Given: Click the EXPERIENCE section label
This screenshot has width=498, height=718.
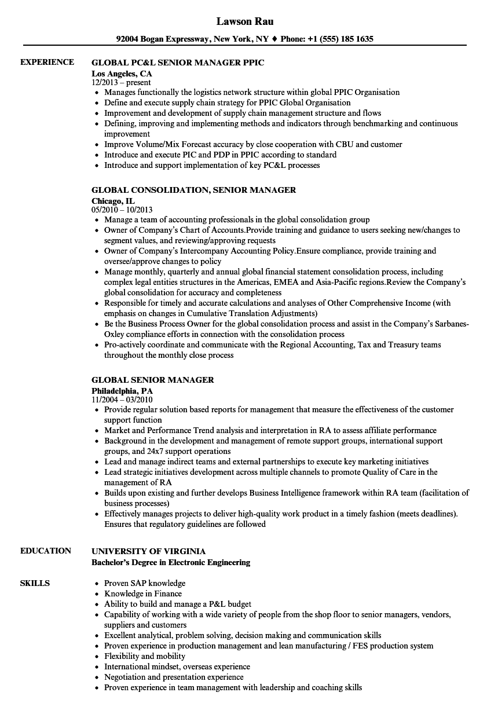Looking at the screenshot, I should click(47, 62).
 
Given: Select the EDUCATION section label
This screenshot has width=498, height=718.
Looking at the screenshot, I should click(46, 551).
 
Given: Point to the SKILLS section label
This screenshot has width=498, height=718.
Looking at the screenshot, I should click(35, 583).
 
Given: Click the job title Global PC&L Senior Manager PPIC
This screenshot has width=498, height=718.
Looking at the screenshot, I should click(178, 63).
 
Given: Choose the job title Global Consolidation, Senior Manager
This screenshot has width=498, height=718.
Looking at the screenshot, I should click(193, 190).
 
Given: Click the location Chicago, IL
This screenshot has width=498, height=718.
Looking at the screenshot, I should click(113, 201).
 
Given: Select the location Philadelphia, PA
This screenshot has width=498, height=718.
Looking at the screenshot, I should click(122, 391).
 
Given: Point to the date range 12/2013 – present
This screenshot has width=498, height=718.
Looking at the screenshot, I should click(122, 83).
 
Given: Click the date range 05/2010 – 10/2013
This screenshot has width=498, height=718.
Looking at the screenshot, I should click(122, 210).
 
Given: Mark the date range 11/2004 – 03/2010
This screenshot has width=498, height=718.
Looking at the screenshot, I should click(122, 400).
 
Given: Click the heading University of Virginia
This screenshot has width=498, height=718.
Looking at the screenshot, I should click(148, 551).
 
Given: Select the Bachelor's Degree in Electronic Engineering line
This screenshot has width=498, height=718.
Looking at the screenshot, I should click(171, 562).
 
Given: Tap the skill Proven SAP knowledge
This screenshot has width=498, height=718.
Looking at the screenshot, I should click(145, 583).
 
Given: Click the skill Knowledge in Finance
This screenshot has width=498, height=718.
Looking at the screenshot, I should click(143, 594).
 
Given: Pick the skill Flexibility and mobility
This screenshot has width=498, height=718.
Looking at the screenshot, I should click(145, 656).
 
